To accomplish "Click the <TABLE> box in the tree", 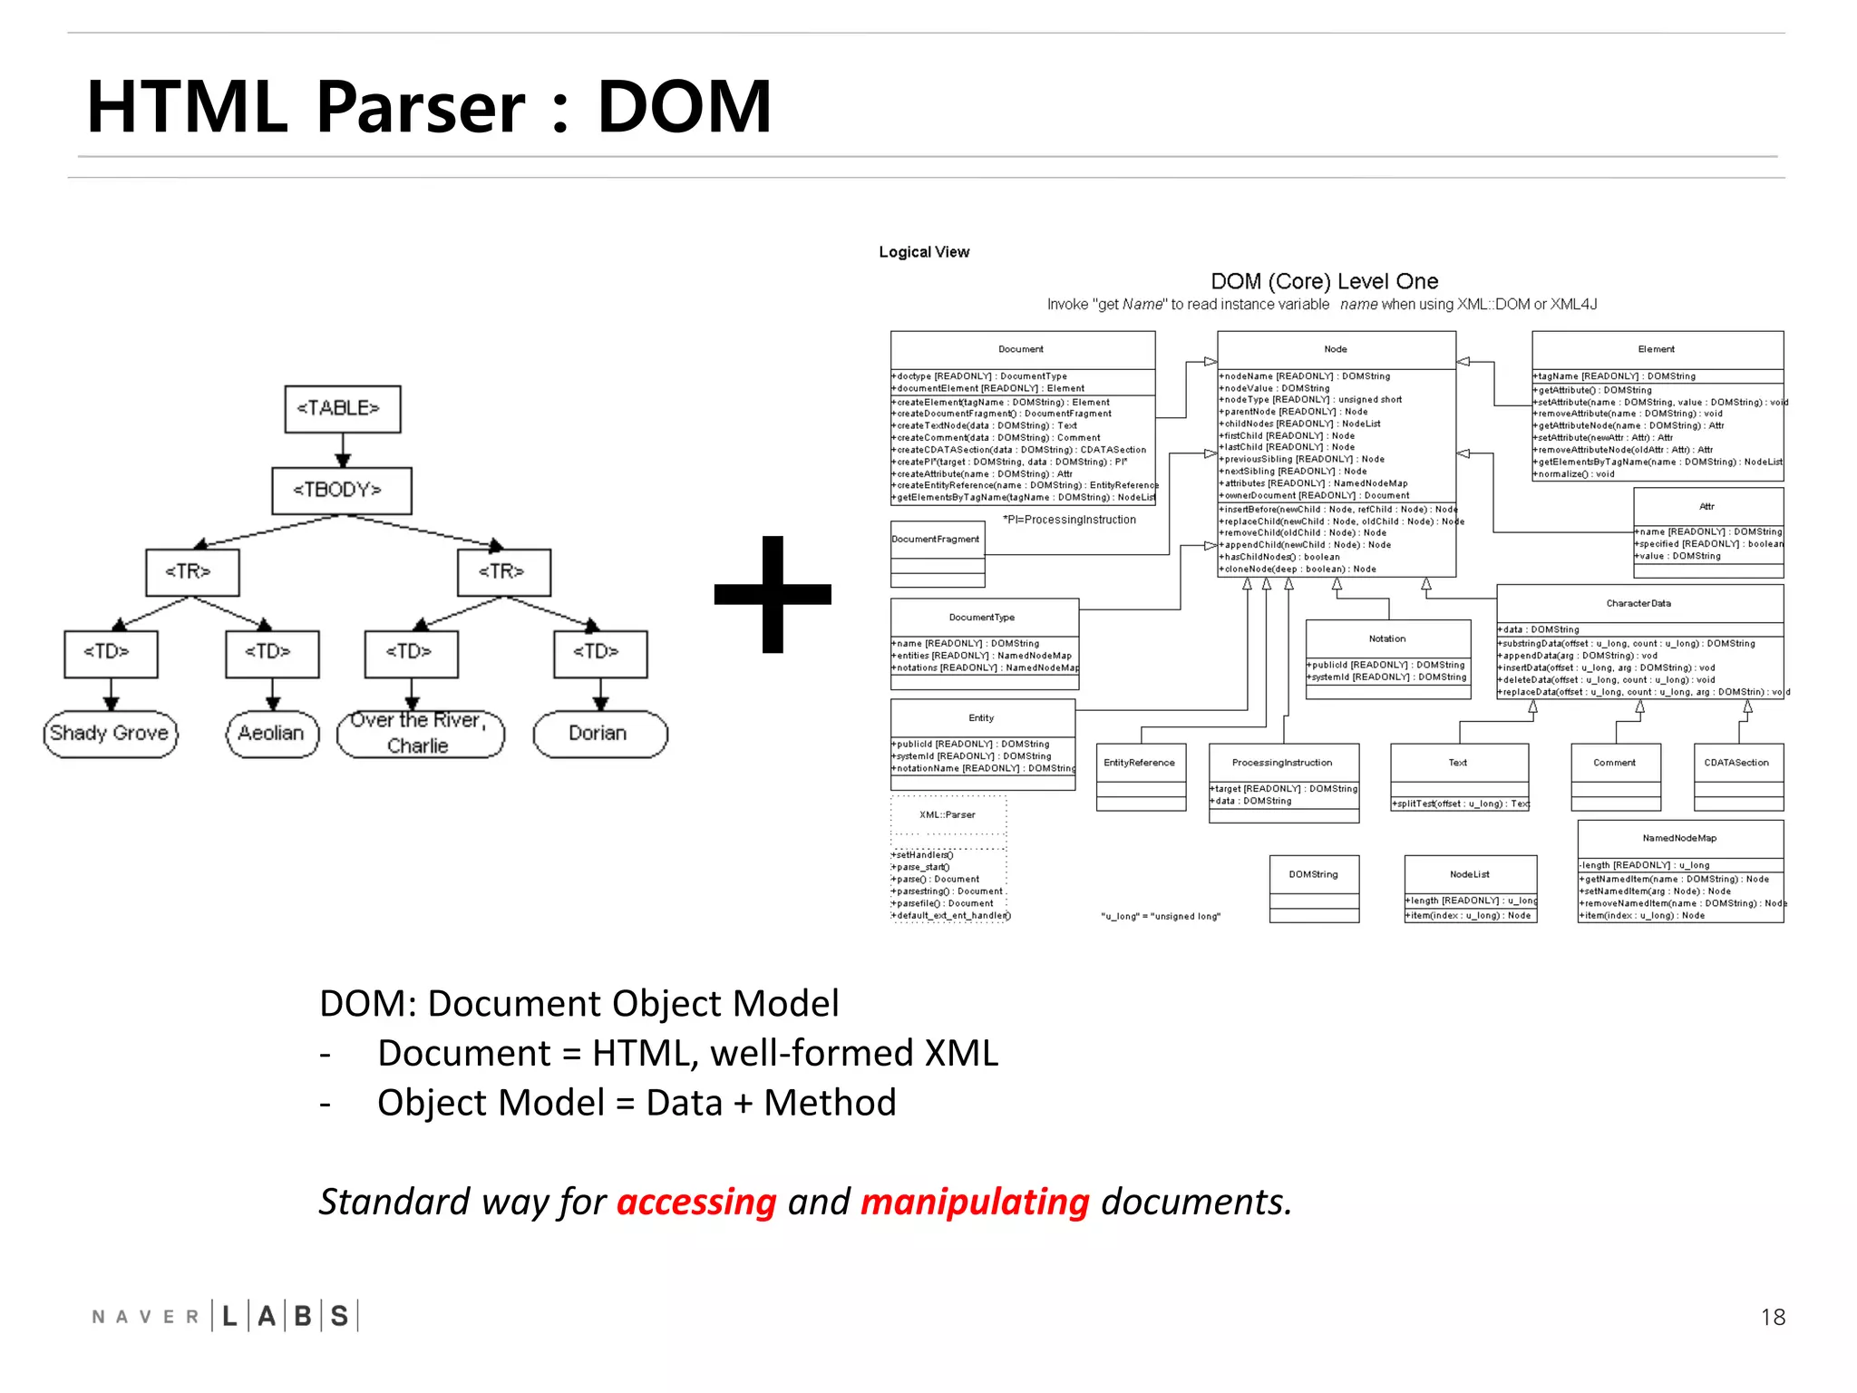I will pyautogui.click(x=342, y=408).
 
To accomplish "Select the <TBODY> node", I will pyautogui.click(x=342, y=490).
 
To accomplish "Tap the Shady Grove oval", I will pyautogui.click(x=110, y=733).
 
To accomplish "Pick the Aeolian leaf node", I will pyautogui.click(x=272, y=733).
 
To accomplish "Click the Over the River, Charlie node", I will pyautogui.click(x=419, y=733).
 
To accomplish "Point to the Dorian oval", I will pyautogui.click(x=599, y=733).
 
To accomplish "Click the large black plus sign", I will pyautogui.click(x=773, y=594).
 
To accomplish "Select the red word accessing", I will pyautogui.click(x=696, y=1202).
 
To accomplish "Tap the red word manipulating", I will pyautogui.click(x=975, y=1202).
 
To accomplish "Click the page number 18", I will pyautogui.click(x=1773, y=1317).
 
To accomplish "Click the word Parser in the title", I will pyautogui.click(x=421, y=107).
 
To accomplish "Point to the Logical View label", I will pyautogui.click(x=924, y=252).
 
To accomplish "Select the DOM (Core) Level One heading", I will pyautogui.click(x=1324, y=281).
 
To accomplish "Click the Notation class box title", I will pyautogui.click(x=1387, y=638).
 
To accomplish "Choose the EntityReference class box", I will pyautogui.click(x=1140, y=763).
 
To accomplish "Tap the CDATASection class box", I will pyautogui.click(x=1736, y=763).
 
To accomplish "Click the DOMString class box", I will pyautogui.click(x=1313, y=874).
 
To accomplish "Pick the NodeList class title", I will pyautogui.click(x=1470, y=874).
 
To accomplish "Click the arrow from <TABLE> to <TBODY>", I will pyautogui.click(x=342, y=450).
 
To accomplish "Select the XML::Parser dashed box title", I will pyautogui.click(x=948, y=814).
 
